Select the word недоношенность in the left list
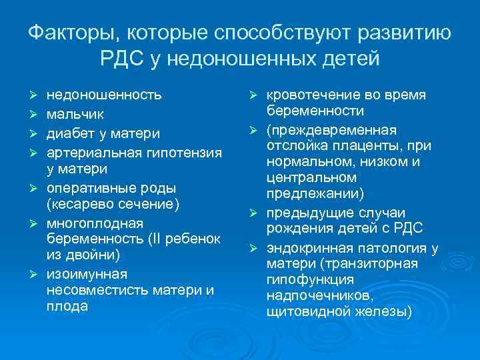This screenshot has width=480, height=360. tap(104, 95)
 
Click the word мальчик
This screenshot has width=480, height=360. tap(75, 113)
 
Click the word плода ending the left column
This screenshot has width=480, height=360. tap(67, 307)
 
